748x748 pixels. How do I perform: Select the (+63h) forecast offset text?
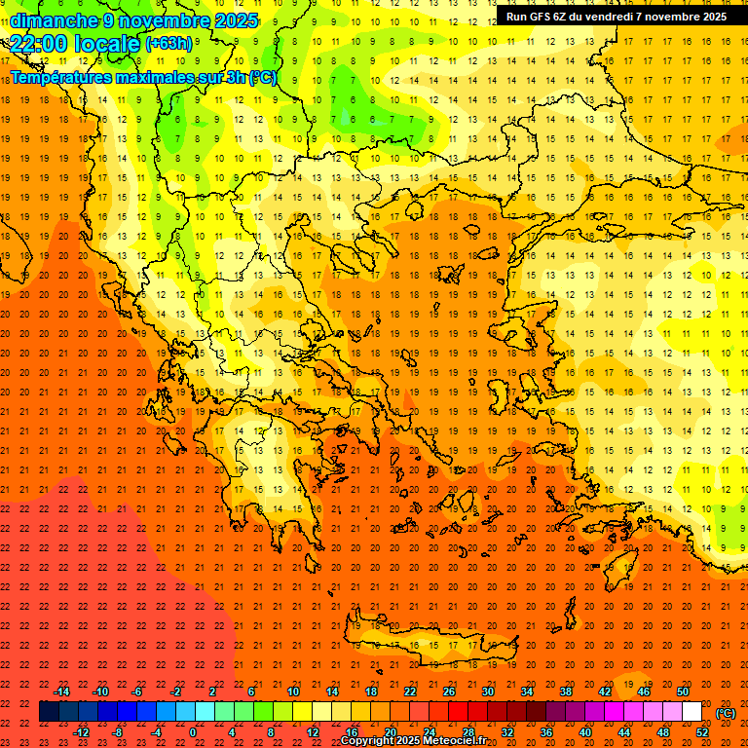pyautogui.click(x=168, y=43)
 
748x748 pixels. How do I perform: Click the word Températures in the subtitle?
pyautogui.click(x=63, y=77)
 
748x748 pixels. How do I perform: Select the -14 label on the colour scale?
pyautogui.click(x=61, y=692)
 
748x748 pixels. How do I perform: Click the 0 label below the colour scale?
pyautogui.click(x=193, y=732)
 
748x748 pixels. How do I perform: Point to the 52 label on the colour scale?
pyautogui.click(x=702, y=732)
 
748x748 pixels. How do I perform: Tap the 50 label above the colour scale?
pyautogui.click(x=683, y=692)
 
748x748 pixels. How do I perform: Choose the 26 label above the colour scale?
pyautogui.click(x=449, y=692)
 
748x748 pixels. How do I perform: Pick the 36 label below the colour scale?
pyautogui.click(x=546, y=732)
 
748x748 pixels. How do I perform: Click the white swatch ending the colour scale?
pyautogui.click(x=692, y=712)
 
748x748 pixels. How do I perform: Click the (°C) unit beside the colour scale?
pyautogui.click(x=726, y=713)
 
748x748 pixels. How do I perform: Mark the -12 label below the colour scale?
pyautogui.click(x=81, y=732)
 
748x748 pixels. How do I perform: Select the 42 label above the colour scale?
pyautogui.click(x=605, y=692)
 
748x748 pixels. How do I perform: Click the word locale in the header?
pyautogui.click(x=108, y=43)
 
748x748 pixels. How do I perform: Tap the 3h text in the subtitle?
pyautogui.click(x=235, y=77)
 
